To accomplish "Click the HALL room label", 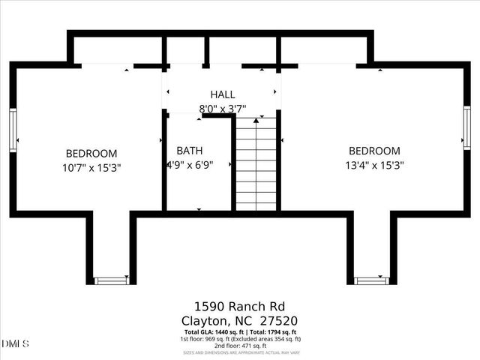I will (222, 94).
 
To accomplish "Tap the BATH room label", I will (189, 150).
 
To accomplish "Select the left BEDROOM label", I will (91, 152).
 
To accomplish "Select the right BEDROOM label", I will (373, 151).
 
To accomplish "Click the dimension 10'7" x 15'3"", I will (91, 168).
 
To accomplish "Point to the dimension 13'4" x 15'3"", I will (373, 166).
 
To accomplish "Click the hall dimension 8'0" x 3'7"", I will (222, 109).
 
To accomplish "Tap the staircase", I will (256, 165).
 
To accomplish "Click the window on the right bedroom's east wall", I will (466, 127).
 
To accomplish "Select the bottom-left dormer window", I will (111, 280).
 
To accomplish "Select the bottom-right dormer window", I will (371, 280).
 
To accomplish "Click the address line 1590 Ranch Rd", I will (240, 306).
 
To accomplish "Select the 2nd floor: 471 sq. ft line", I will (240, 346).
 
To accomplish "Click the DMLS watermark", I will (15, 344).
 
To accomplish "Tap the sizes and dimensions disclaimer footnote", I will (240, 352).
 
